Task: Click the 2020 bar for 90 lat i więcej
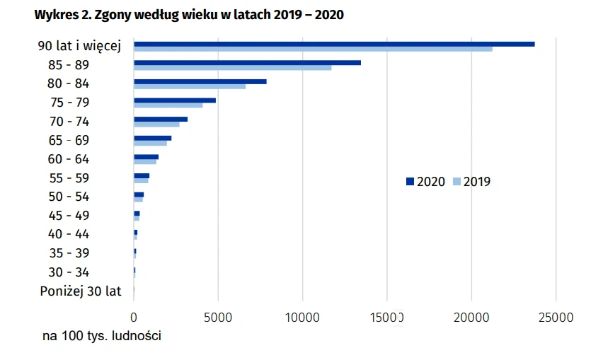pyautogui.click(x=334, y=44)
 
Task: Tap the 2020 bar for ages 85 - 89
pyautogui.click(x=247, y=63)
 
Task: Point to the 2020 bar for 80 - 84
pyautogui.click(x=200, y=81)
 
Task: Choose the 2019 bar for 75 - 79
pyautogui.click(x=168, y=105)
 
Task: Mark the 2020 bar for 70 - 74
pyautogui.click(x=161, y=120)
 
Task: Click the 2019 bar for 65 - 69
pyautogui.click(x=150, y=143)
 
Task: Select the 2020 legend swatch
pyautogui.click(x=410, y=182)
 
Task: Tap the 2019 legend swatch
pyautogui.click(x=456, y=182)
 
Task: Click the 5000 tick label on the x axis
pyautogui.click(x=218, y=318)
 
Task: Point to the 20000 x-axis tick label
pyautogui.click(x=471, y=318)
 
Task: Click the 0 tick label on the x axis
pyautogui.click(x=134, y=318)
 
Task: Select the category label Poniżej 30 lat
pyautogui.click(x=81, y=291)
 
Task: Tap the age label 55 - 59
pyautogui.click(x=69, y=178)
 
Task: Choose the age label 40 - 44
pyautogui.click(x=69, y=234)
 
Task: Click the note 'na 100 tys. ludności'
pyautogui.click(x=102, y=336)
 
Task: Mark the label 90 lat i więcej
pyautogui.click(x=80, y=46)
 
